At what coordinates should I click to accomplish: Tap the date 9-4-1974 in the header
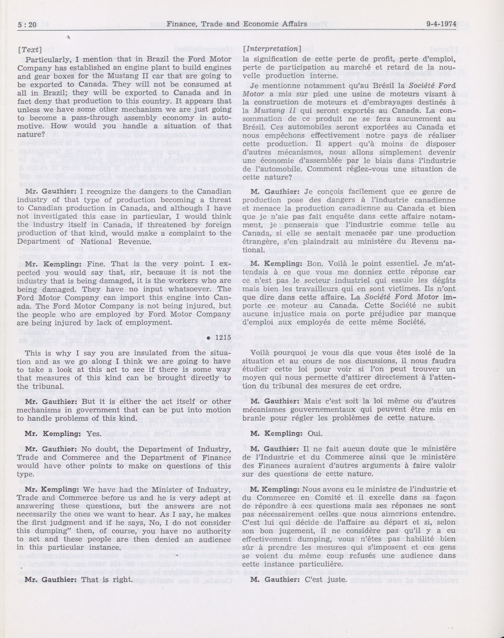coord(441,24)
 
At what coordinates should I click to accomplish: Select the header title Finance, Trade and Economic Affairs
coord(237,24)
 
